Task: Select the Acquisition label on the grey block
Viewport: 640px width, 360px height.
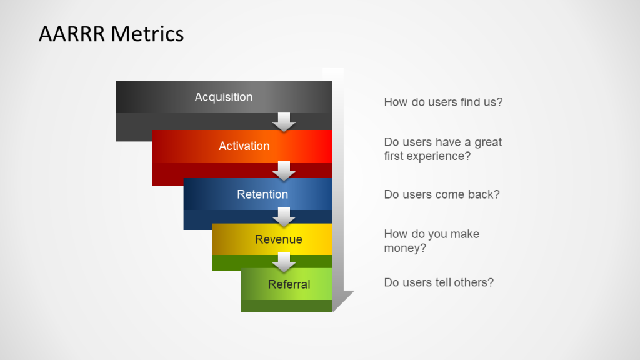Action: pyautogui.click(x=224, y=97)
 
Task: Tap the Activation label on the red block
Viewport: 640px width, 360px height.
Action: pyautogui.click(x=244, y=146)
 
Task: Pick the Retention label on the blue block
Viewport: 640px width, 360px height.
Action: pyautogui.click(x=262, y=194)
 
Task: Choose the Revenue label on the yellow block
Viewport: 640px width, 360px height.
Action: pyautogui.click(x=279, y=239)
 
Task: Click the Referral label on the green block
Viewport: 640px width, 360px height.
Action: pyautogui.click(x=289, y=284)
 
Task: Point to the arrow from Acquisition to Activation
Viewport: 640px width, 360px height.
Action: pyautogui.click(x=284, y=122)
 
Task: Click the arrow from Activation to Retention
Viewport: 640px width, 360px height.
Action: pyautogui.click(x=284, y=171)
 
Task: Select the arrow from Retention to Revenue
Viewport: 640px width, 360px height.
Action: pyautogui.click(x=284, y=217)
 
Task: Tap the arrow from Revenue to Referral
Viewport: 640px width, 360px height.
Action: pyautogui.click(x=284, y=262)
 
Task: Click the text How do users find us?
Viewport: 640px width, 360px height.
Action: pyautogui.click(x=443, y=102)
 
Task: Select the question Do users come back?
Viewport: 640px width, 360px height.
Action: pyautogui.click(x=442, y=194)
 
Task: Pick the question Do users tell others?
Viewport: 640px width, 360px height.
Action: pyautogui.click(x=439, y=282)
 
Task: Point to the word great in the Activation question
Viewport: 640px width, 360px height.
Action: pyautogui.click(x=488, y=142)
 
